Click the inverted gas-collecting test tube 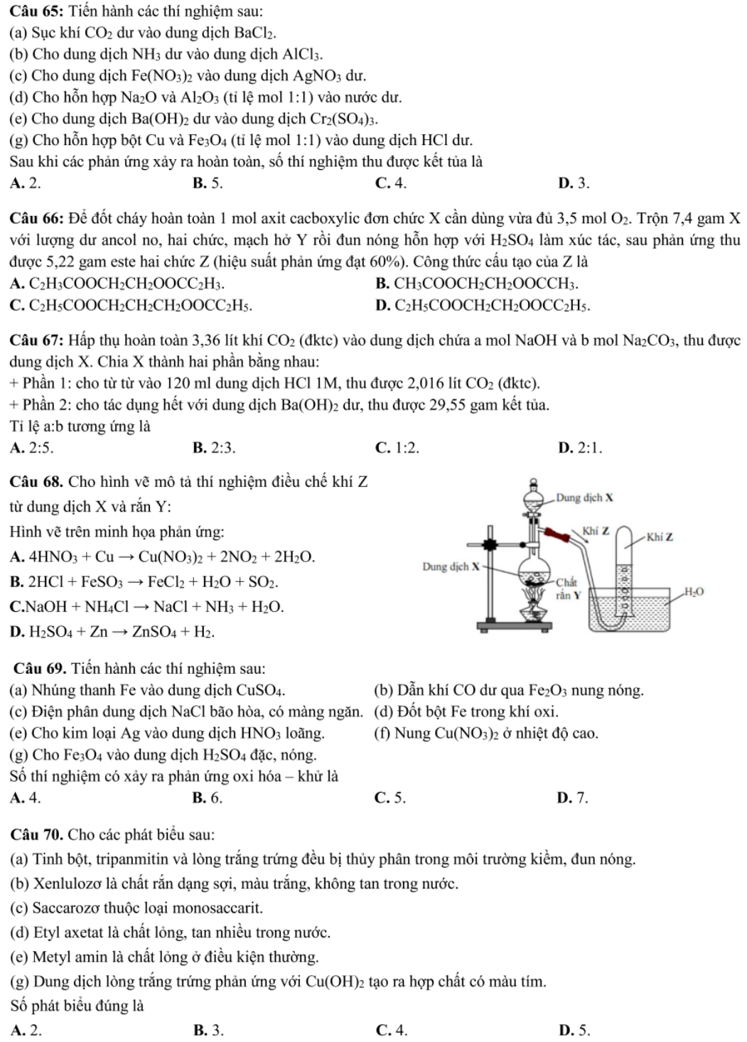625,569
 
